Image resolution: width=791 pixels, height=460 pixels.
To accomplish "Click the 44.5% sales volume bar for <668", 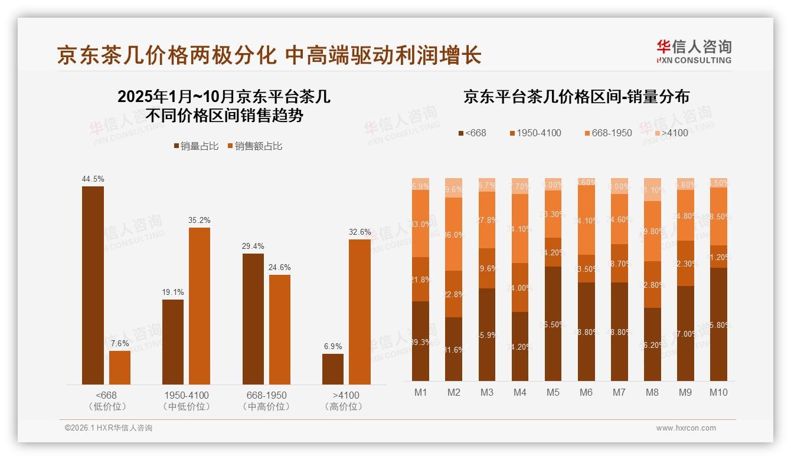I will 93,285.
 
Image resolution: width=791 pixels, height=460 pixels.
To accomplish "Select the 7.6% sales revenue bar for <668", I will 120,367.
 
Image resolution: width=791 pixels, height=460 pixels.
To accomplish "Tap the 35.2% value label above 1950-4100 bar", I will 200,220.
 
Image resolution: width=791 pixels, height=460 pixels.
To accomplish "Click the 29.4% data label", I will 253,246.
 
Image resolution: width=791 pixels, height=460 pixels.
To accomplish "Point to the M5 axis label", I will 553,392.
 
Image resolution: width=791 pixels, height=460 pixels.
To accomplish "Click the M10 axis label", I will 718,392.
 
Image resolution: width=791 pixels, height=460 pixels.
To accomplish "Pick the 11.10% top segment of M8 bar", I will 652,189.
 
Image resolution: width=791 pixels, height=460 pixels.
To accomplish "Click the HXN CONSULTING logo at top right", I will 694,51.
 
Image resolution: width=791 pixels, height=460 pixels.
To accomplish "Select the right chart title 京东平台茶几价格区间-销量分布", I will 576,97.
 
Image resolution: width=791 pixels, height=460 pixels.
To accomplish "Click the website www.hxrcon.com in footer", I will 686,428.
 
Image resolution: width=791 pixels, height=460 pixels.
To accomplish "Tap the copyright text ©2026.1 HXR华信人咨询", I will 108,428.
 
